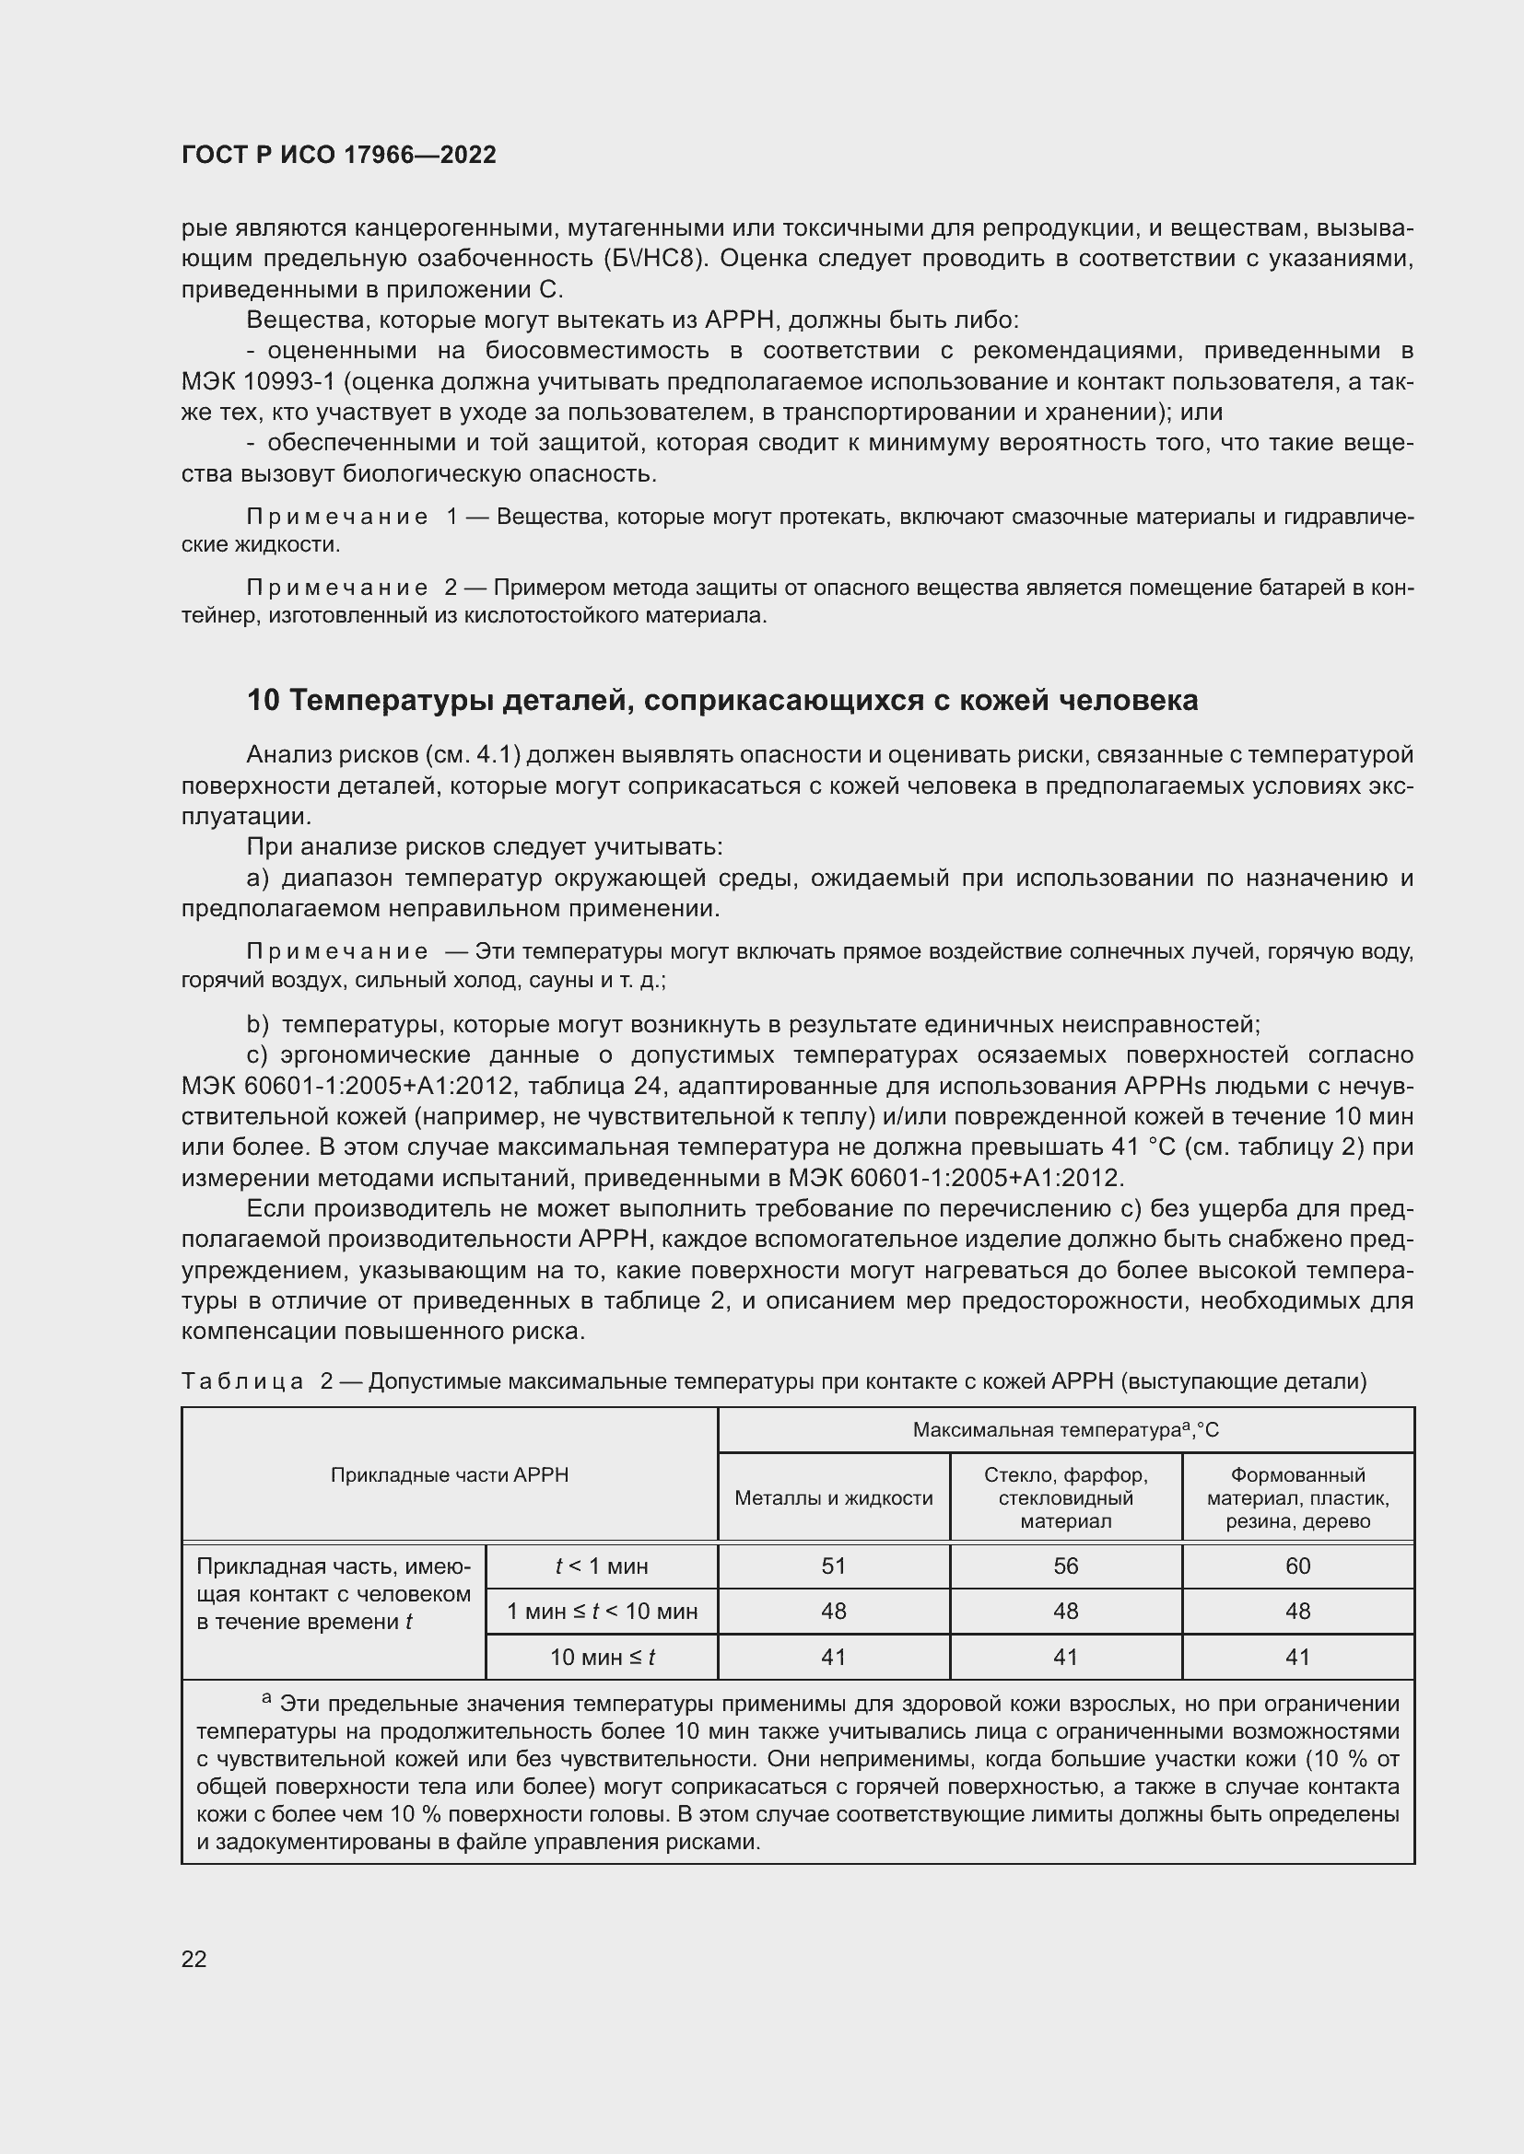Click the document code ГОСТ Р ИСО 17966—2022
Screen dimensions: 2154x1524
tap(339, 156)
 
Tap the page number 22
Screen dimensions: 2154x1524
tap(194, 1959)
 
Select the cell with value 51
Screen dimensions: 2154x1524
tap(833, 1566)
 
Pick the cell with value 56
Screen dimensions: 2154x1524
tap(1065, 1566)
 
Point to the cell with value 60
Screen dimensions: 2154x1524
tap(1298, 1566)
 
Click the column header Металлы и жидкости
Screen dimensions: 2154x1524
tap(833, 1498)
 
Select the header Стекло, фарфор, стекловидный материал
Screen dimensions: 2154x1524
tap(1065, 1498)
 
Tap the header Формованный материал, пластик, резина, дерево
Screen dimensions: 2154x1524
tap(1298, 1498)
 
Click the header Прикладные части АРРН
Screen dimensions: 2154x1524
tap(450, 1474)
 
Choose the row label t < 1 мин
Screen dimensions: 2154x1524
tap(602, 1566)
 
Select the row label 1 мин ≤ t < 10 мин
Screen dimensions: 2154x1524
tap(602, 1612)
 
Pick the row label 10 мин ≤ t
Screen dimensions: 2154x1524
tap(602, 1658)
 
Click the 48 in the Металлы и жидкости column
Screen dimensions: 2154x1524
tap(833, 1612)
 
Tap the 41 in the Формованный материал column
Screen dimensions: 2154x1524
tap(1298, 1658)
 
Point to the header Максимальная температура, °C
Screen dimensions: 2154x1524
tap(1065, 1430)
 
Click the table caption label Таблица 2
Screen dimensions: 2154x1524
tap(257, 1381)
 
